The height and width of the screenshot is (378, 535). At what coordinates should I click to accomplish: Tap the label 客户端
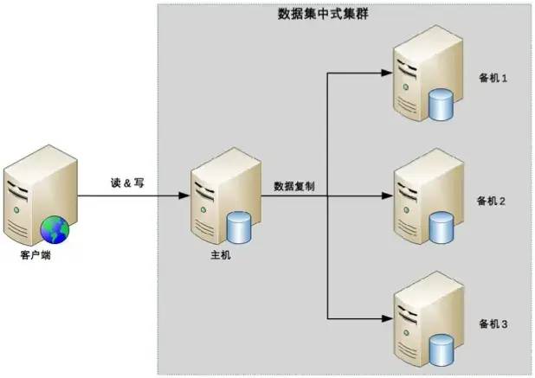tap(37, 256)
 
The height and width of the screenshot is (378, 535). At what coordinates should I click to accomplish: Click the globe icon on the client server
tap(55, 229)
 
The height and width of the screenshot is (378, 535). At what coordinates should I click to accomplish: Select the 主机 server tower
tap(218, 195)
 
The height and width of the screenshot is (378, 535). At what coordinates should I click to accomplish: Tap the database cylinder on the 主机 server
tap(239, 229)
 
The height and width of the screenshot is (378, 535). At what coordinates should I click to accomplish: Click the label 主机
tap(221, 256)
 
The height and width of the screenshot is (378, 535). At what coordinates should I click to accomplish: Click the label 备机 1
tap(493, 77)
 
